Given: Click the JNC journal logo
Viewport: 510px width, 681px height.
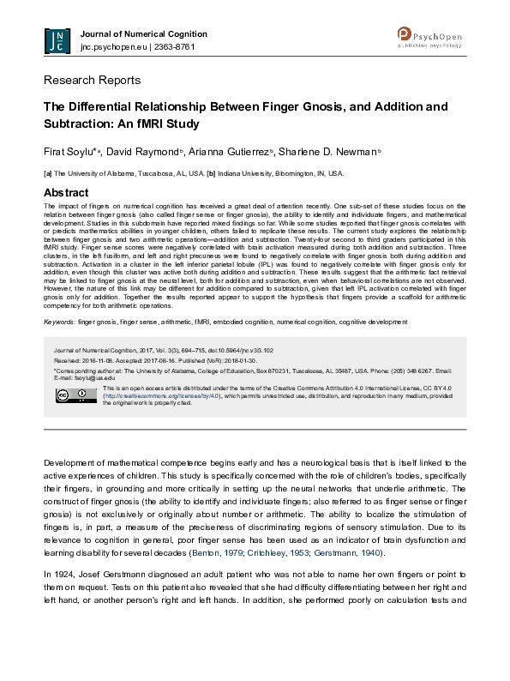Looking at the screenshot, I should point(57,40).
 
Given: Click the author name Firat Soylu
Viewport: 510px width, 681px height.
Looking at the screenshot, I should point(69,152).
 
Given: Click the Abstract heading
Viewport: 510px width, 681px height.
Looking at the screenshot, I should point(66,192).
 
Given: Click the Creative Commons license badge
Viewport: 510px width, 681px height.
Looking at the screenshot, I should point(64,395).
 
